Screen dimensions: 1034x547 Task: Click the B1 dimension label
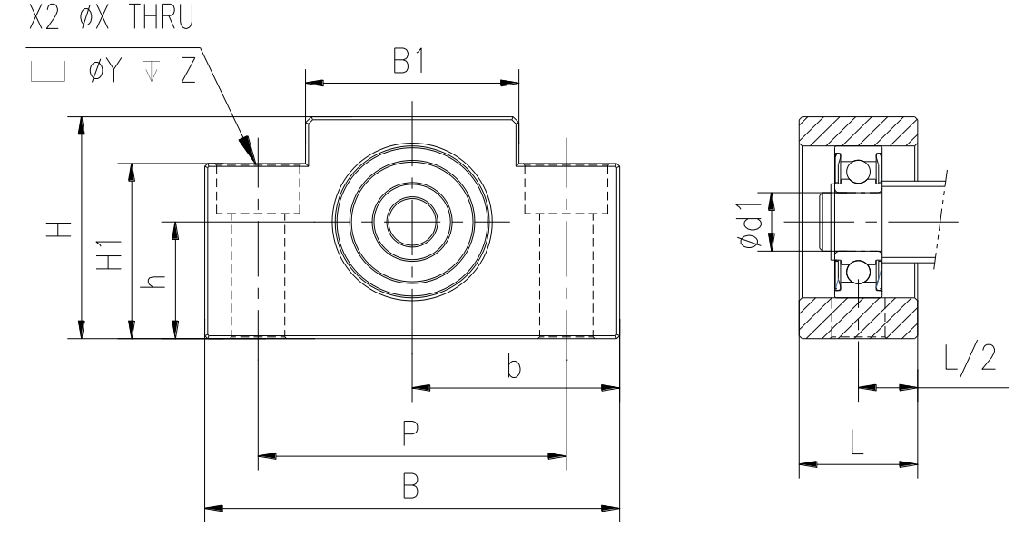(409, 61)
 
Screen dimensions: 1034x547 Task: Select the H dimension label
(58, 229)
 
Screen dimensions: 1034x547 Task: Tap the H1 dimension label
(110, 254)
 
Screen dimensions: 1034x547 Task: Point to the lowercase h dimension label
(153, 281)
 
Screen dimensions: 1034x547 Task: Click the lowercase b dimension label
(515, 365)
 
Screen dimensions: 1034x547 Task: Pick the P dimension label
(409, 433)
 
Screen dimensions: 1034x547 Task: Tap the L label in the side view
(857, 443)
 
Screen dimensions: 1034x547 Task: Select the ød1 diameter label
(751, 223)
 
